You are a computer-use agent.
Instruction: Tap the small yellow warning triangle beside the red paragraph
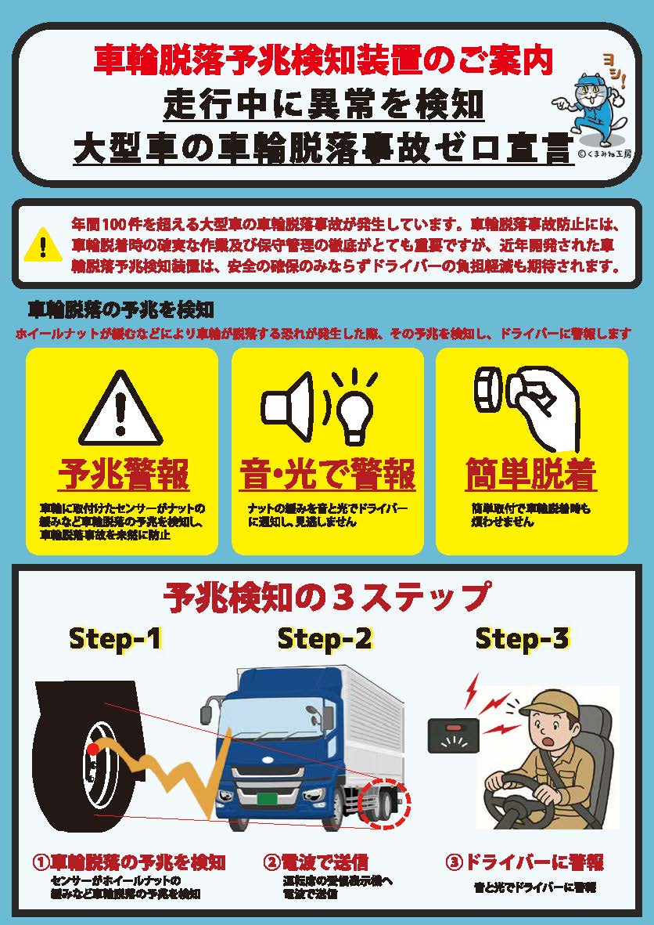[x=42, y=245]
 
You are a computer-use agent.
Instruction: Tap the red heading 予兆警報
[x=123, y=475]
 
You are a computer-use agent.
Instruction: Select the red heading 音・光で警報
[x=327, y=475]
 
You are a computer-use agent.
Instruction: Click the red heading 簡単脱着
[x=531, y=475]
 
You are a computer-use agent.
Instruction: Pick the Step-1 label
[x=115, y=639]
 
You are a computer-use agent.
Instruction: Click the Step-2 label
[x=325, y=639]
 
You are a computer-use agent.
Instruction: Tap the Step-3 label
[x=522, y=639]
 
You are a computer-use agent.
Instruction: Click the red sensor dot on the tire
[x=92, y=750]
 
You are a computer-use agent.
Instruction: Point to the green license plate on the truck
[x=267, y=799]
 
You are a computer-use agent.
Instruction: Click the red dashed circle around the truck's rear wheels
[x=385, y=803]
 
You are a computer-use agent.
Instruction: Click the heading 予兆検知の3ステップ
[x=325, y=596]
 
